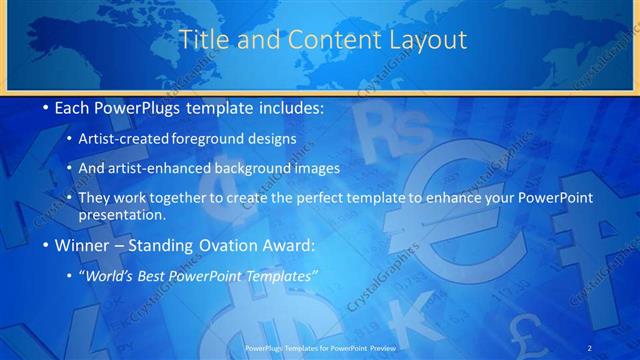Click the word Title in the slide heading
[202, 40]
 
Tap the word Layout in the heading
[428, 40]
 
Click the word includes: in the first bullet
[288, 106]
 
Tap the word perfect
[307, 197]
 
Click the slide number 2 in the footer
[591, 346]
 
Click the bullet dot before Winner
[46, 246]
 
